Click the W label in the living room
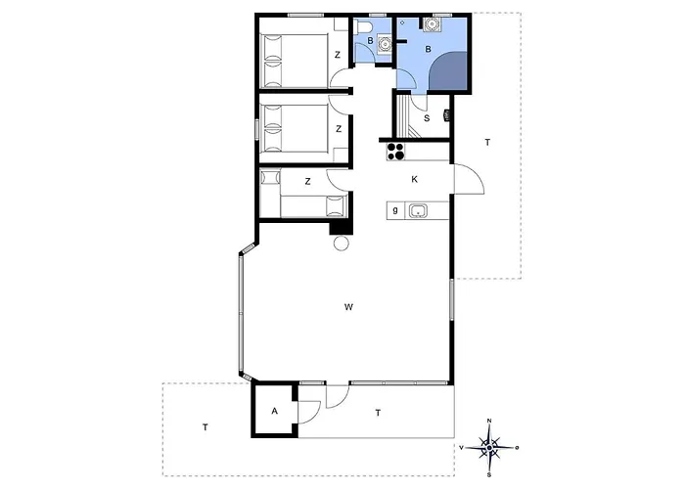point(348,307)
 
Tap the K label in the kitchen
point(415,179)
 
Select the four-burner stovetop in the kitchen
point(395,151)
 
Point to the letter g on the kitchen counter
point(395,210)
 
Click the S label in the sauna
point(427,118)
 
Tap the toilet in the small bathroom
point(363,27)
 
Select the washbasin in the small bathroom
point(385,44)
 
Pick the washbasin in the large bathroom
point(433,24)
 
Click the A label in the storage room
point(274,411)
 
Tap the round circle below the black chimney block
point(342,243)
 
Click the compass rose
point(489,448)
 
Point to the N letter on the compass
point(489,421)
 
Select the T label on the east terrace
point(487,143)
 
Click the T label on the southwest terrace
point(205,427)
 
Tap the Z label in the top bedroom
point(338,55)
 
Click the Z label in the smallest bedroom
point(307,181)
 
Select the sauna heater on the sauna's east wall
point(446,116)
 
